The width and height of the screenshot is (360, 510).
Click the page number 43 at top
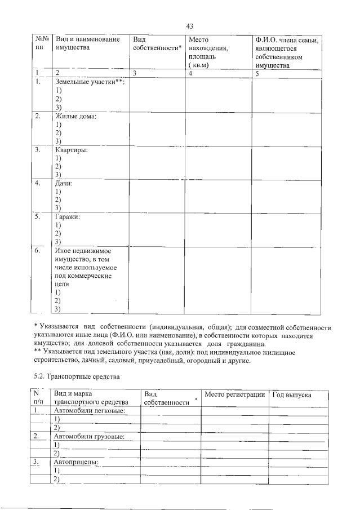pyautogui.click(x=189, y=26)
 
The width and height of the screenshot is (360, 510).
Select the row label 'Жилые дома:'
pyautogui.click(x=75, y=117)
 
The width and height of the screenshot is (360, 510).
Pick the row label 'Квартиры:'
pyautogui.click(x=72, y=150)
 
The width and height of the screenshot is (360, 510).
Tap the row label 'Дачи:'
pyautogui.click(x=64, y=184)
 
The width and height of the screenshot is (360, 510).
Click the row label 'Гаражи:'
pyautogui.click(x=68, y=216)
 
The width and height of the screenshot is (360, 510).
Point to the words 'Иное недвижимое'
pyautogui.click(x=82, y=251)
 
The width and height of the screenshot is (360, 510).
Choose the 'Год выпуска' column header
pyautogui.click(x=292, y=395)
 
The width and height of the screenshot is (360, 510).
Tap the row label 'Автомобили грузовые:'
pyautogui.click(x=89, y=436)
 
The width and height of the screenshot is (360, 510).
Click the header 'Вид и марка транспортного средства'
pyautogui.click(x=91, y=398)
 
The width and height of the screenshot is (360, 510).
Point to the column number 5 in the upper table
pyautogui.click(x=256, y=73)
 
